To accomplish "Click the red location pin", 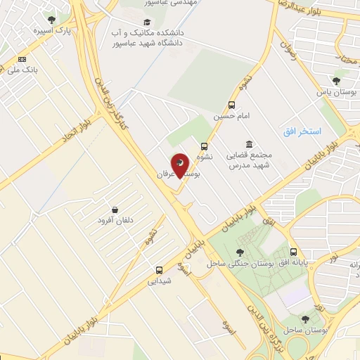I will (181, 166).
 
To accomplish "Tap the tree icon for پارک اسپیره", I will (51, 20).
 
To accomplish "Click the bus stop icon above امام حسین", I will (233, 104).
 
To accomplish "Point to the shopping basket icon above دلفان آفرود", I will (114, 210).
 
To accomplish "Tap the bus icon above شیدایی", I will (159, 270).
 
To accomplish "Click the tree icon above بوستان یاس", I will (336, 80).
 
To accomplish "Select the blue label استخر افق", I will (302, 131).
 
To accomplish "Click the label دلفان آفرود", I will (115, 221).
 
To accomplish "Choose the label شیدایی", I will (159, 281).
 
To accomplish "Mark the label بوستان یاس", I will (335, 92).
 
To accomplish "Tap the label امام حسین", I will (232, 116).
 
